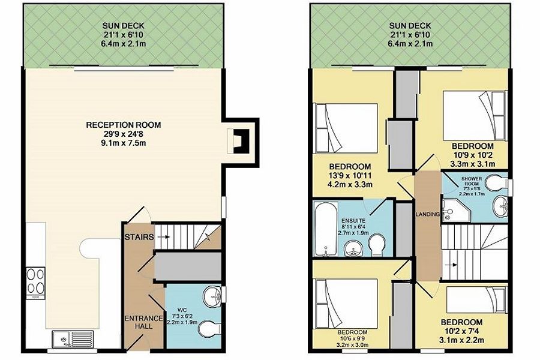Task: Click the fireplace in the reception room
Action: [x=238, y=141]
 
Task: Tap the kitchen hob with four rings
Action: [x=35, y=281]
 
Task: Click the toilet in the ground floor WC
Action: [x=210, y=329]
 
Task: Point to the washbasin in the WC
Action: [x=212, y=296]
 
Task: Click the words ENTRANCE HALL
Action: [x=143, y=322]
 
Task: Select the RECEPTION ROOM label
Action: [x=123, y=125]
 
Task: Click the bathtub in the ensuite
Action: [x=325, y=229]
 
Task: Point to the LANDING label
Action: [x=428, y=214]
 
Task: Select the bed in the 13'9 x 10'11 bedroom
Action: [x=347, y=128]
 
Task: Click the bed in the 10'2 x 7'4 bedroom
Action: [x=476, y=300]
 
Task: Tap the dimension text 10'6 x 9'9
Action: [x=352, y=338]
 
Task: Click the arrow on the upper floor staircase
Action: [x=453, y=265]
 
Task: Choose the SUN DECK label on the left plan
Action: [x=123, y=25]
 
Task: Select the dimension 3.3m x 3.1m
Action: [x=473, y=164]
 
